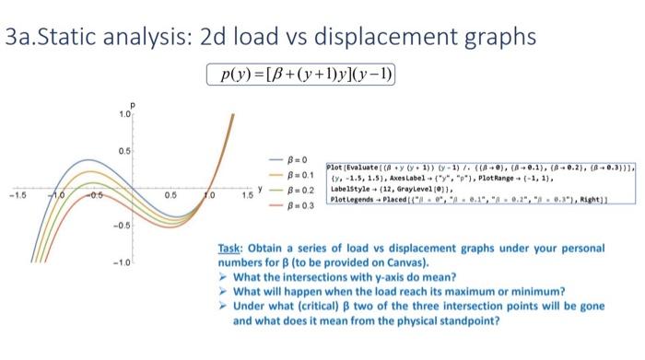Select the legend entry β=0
coord(293,158)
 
